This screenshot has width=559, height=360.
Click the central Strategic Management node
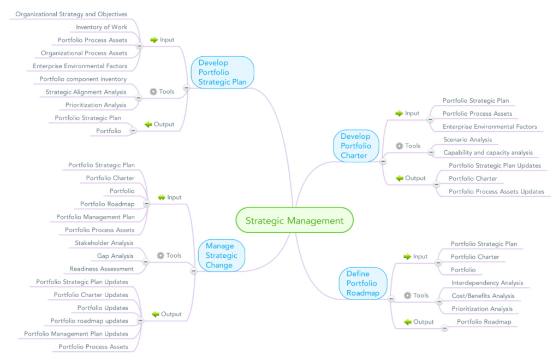(x=294, y=221)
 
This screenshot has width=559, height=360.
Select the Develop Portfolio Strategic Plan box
(x=222, y=73)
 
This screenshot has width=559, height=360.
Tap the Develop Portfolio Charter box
(x=356, y=146)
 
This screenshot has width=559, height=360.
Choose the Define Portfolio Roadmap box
(x=362, y=283)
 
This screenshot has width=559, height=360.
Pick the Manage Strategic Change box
(x=222, y=256)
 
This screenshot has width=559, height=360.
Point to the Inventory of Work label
(x=102, y=27)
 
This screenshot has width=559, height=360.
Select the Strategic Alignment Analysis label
(x=86, y=92)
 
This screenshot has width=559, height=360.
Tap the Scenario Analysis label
(x=467, y=139)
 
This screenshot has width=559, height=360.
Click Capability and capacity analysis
(x=487, y=152)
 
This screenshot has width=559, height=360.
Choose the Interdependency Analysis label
(x=487, y=283)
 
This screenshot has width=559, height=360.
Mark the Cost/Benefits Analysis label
(x=483, y=296)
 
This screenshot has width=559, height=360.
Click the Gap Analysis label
(x=115, y=256)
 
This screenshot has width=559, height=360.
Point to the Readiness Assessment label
(x=102, y=269)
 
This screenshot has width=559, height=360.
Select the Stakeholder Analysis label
(x=104, y=243)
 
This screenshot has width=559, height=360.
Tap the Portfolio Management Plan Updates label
(x=76, y=334)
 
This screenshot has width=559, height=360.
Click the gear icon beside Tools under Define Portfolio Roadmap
(x=407, y=296)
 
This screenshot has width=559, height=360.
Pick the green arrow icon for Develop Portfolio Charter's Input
(x=399, y=114)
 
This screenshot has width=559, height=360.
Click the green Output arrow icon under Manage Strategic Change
(x=155, y=314)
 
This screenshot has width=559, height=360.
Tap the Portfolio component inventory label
(x=83, y=79)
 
